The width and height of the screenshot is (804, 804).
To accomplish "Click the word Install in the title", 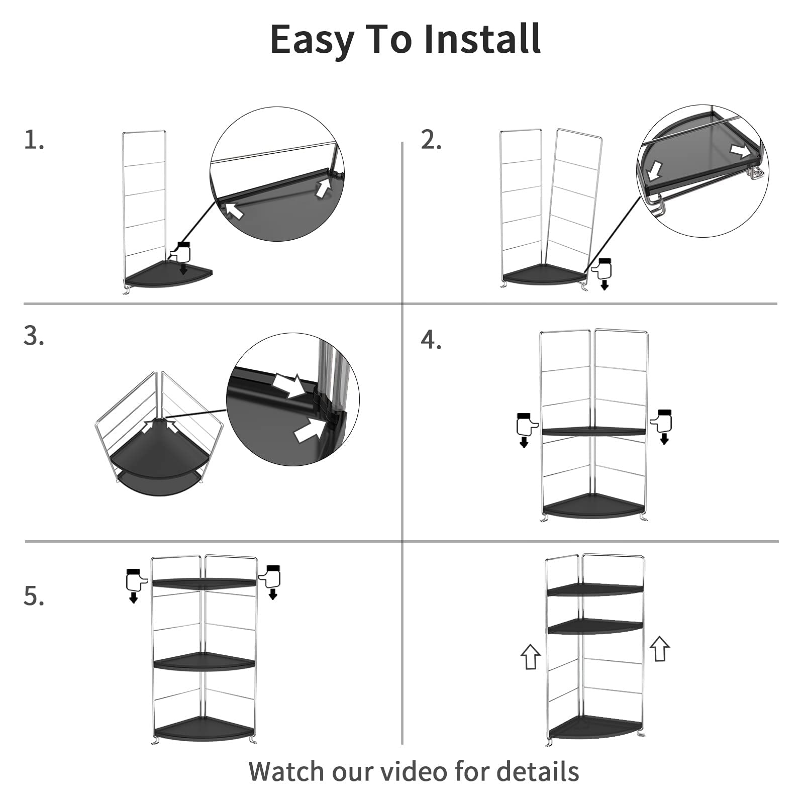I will click(482, 39).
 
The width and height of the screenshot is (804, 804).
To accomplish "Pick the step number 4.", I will click(431, 340).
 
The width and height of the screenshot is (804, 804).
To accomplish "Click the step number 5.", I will click(33, 596).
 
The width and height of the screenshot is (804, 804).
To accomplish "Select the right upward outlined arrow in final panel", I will click(660, 649).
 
